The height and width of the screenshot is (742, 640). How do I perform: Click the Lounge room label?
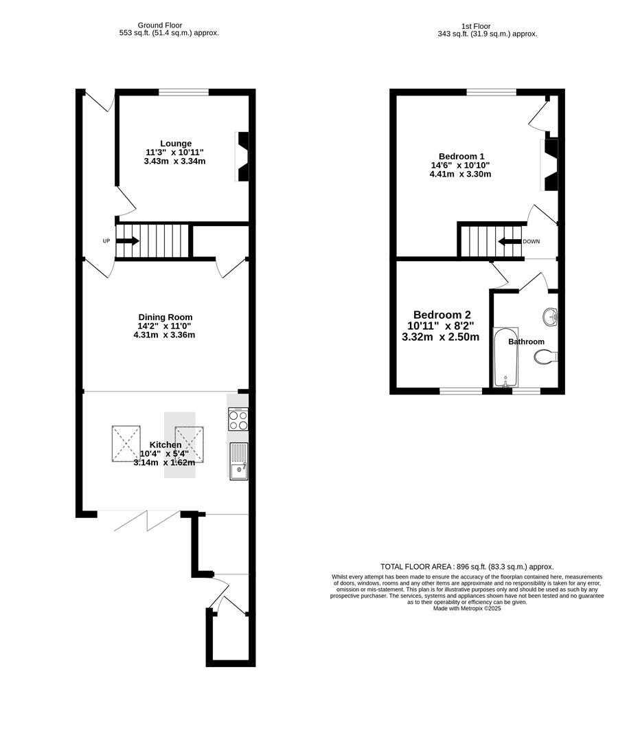pyautogui.click(x=176, y=144)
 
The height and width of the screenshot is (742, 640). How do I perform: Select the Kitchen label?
pyautogui.click(x=165, y=445)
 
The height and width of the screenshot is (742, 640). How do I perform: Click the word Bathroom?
pyautogui.click(x=526, y=341)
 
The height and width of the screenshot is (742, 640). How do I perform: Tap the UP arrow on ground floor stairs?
pyautogui.click(x=128, y=241)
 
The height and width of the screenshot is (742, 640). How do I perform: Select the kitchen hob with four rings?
pyautogui.click(x=238, y=420)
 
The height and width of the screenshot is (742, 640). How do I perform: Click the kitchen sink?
pyautogui.click(x=238, y=460)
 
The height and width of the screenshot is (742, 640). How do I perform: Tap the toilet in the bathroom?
pyautogui.click(x=546, y=357)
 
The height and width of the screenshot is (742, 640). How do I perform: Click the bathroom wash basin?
pyautogui.click(x=549, y=317)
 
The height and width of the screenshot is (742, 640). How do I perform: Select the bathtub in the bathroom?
pyautogui.click(x=505, y=357)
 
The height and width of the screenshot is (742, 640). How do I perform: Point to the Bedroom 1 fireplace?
pyautogui.click(x=549, y=165)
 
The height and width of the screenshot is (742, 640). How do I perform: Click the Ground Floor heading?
pyautogui.click(x=169, y=25)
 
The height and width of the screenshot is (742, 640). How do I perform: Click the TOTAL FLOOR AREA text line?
pyautogui.click(x=467, y=566)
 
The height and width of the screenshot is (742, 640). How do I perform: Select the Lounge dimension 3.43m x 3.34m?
pyautogui.click(x=175, y=161)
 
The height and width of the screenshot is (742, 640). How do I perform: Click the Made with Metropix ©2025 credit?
pyautogui.click(x=467, y=608)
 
